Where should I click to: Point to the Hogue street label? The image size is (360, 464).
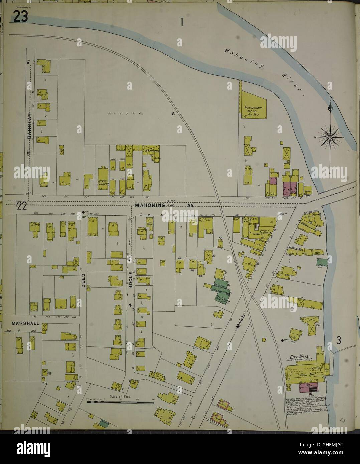pyautogui.click(x=131, y=280)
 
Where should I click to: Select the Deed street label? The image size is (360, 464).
pyautogui.click(x=83, y=281)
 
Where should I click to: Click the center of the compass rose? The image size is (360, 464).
pyautogui.click(x=330, y=137)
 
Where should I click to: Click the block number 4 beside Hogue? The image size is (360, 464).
pyautogui.click(x=130, y=306)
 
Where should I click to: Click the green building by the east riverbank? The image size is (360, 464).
pyautogui.click(x=322, y=262)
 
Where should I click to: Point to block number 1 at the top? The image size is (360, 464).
pyautogui.click(x=182, y=23)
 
